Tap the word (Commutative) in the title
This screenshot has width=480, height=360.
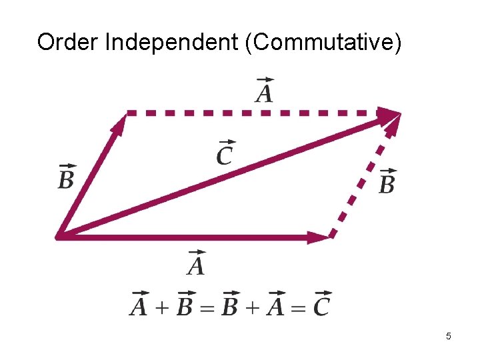click(x=324, y=42)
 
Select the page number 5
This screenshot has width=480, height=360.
click(x=449, y=337)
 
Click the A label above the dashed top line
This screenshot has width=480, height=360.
click(x=264, y=91)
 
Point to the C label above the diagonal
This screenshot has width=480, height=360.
click(x=225, y=154)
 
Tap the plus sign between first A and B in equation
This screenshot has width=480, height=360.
click(x=160, y=307)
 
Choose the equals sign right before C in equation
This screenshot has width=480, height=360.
click(x=299, y=307)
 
